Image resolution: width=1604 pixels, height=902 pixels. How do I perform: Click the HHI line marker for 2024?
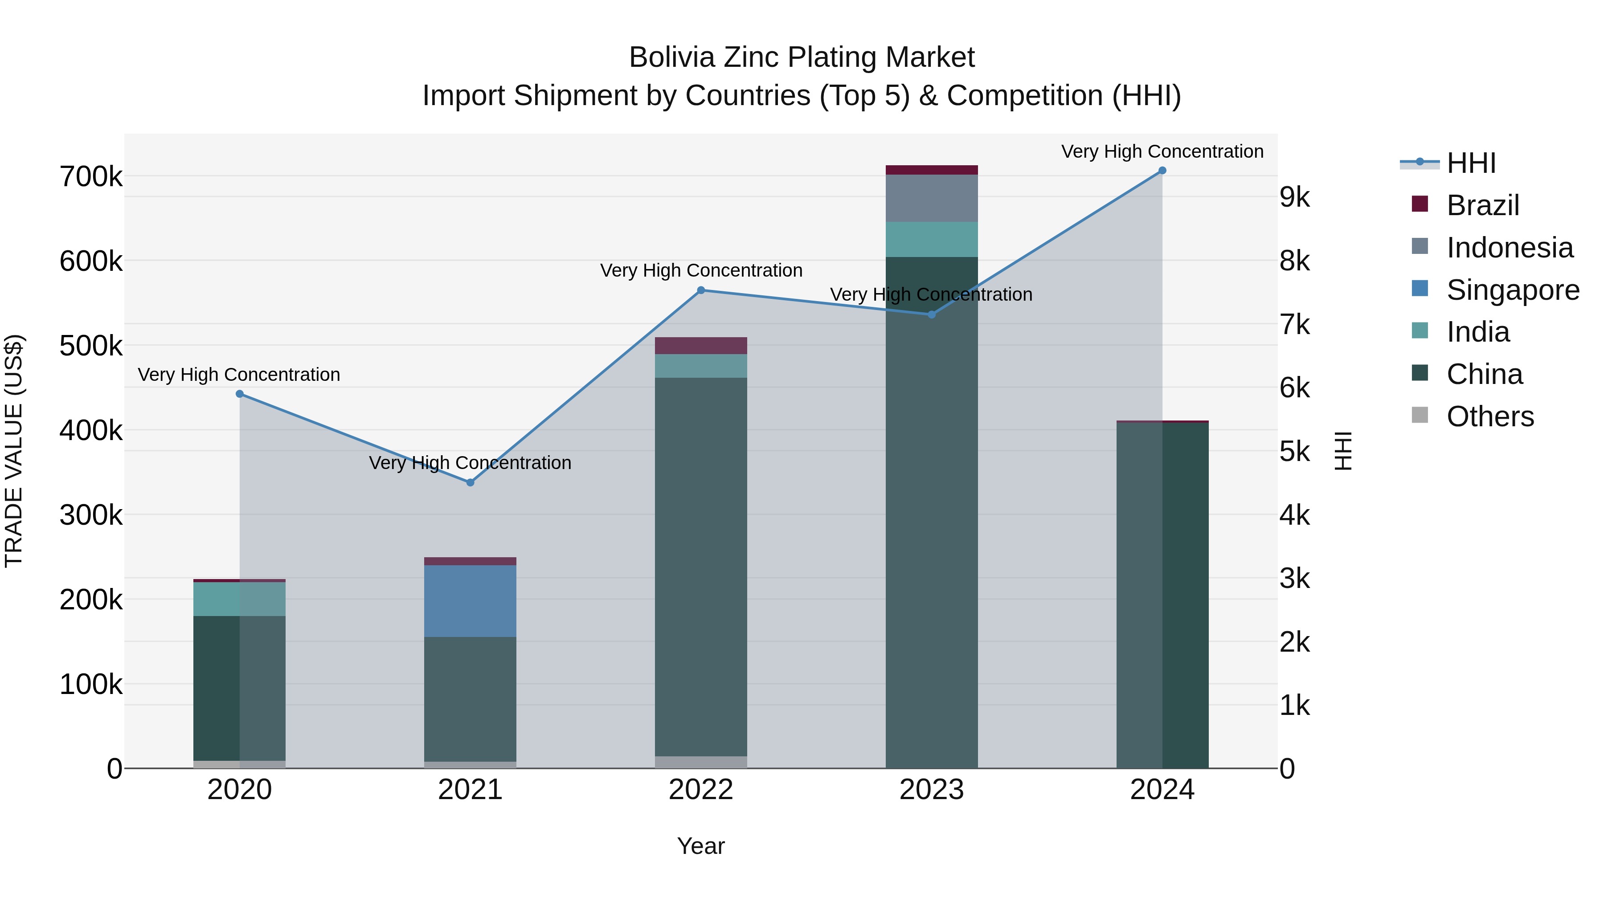tap(1162, 171)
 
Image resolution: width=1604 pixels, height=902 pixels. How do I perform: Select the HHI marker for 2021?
tap(470, 482)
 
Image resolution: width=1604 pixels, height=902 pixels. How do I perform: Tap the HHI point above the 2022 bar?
tap(700, 290)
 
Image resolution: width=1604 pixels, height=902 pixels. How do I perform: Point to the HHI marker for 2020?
tap(240, 394)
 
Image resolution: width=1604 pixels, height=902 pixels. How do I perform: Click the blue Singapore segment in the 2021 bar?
tap(470, 601)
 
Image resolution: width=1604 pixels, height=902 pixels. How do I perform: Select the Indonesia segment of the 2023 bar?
tap(932, 198)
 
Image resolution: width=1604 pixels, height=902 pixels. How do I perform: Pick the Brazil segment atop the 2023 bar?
tap(932, 170)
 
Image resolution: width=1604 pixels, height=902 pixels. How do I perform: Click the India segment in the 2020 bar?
tap(240, 599)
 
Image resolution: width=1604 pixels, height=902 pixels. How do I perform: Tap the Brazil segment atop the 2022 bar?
tap(700, 346)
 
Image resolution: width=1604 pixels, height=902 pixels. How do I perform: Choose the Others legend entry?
tap(1489, 416)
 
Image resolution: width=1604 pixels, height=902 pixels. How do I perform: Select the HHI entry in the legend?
tap(1471, 163)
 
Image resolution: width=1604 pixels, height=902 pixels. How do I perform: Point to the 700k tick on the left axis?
tap(91, 177)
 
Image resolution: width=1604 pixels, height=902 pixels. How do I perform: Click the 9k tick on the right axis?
tap(1294, 197)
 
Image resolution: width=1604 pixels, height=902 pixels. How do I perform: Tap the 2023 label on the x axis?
tap(932, 790)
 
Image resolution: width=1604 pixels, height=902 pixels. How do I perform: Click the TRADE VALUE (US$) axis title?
tap(14, 451)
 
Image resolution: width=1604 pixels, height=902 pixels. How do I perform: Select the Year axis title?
tap(700, 846)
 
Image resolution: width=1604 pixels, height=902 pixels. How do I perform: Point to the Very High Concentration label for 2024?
tap(1162, 151)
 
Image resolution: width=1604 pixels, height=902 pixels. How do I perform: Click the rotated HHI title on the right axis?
tap(1342, 451)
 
